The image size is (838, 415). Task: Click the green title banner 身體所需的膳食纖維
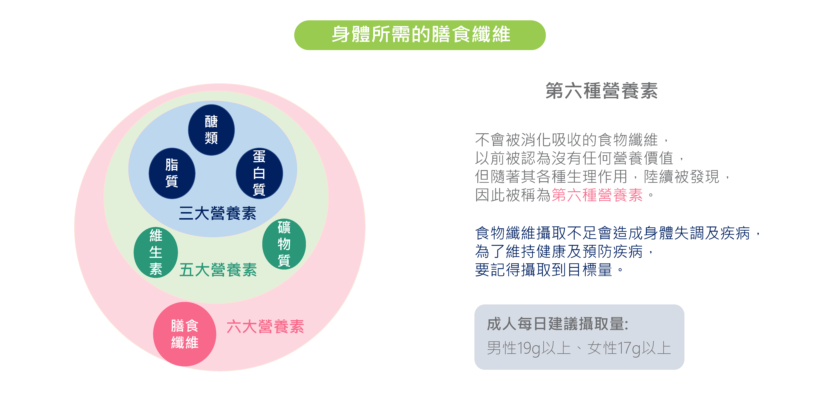point(420,35)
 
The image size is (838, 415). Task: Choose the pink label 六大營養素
point(265,326)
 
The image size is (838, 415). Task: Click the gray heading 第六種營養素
point(601,91)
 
